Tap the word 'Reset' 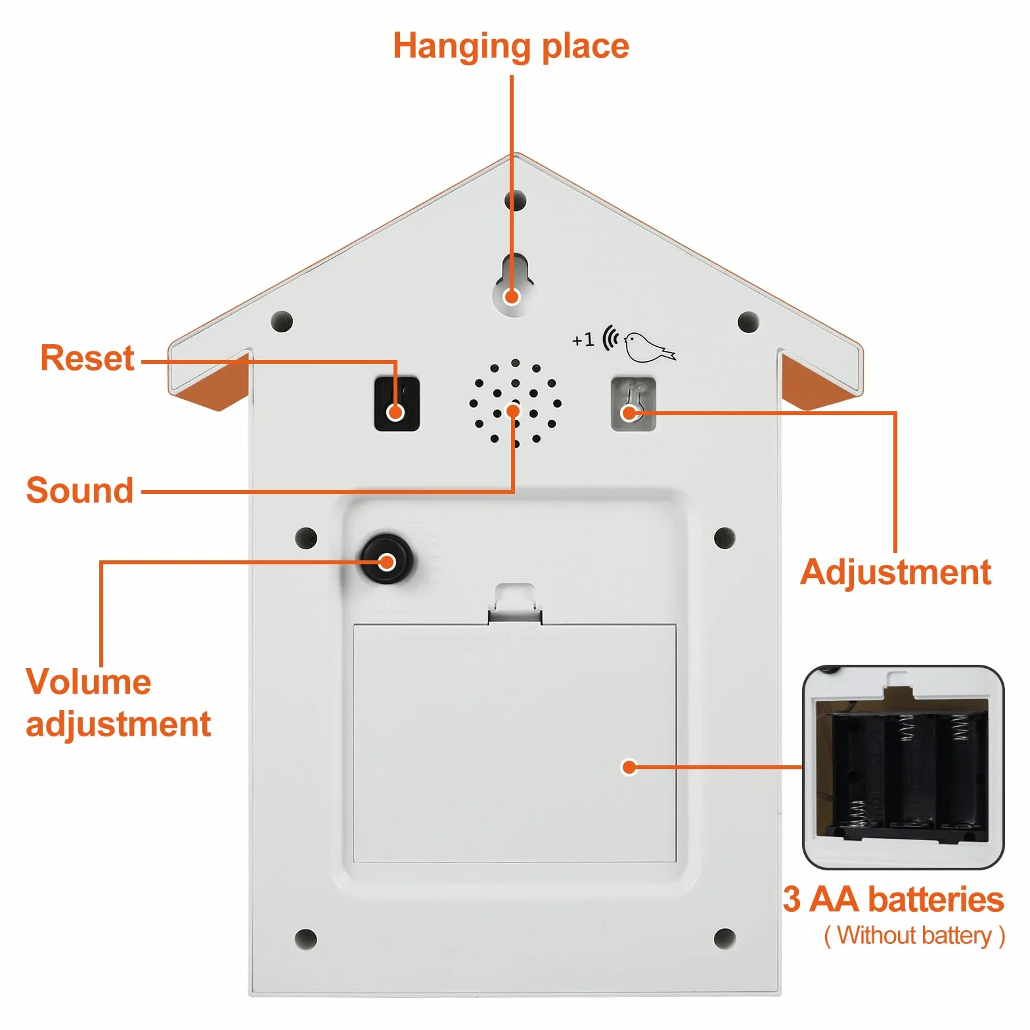pos(87,358)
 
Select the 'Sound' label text pos(79,490)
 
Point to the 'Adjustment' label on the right pos(895,573)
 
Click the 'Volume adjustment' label pos(118,703)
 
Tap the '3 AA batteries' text pos(893,899)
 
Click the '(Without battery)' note pos(914,935)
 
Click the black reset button pos(397,403)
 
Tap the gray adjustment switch pos(633,403)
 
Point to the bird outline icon pos(649,346)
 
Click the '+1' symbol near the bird pos(583,340)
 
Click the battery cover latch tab pos(515,603)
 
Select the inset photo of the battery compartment pos(903,767)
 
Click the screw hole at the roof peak pos(516,200)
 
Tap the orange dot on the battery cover pos(629,767)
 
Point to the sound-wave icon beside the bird pos(611,338)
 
